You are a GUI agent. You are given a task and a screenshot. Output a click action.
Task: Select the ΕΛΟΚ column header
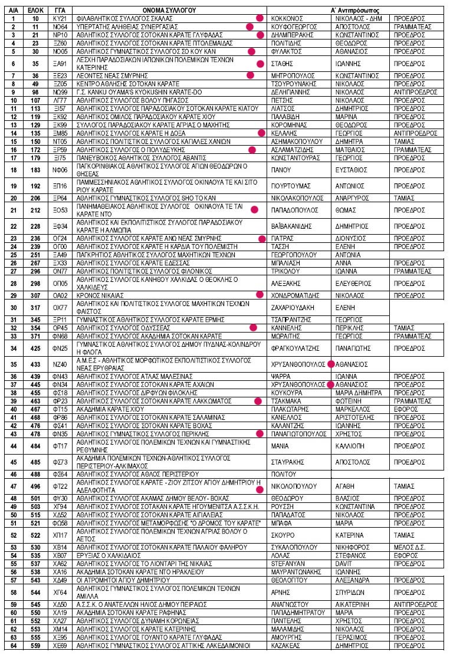click(x=36, y=10)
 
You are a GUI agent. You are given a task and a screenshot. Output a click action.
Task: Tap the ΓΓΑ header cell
click(x=60, y=10)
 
